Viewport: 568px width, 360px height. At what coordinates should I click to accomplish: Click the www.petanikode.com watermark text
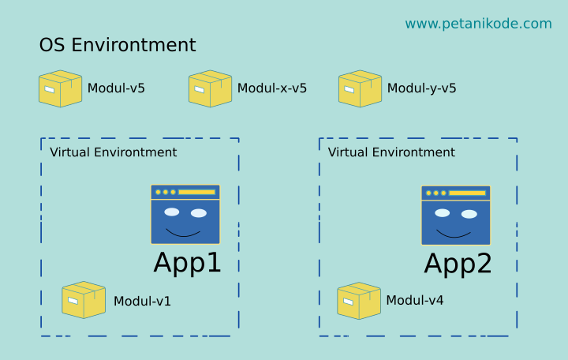coord(478,24)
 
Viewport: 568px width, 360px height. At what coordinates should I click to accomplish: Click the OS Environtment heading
coord(118,46)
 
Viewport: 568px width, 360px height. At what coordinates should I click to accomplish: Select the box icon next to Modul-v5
coord(60,88)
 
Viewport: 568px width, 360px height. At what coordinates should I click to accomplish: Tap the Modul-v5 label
coord(116,88)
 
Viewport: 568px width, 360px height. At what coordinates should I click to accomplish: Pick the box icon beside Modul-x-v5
coord(210,88)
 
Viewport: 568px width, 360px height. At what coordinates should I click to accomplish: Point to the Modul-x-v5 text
coord(271,88)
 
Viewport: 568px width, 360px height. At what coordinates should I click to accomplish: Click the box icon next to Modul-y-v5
coord(360,88)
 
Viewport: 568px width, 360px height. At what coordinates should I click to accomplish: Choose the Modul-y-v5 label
coord(421,88)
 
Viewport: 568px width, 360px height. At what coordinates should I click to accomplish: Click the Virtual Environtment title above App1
coord(114,152)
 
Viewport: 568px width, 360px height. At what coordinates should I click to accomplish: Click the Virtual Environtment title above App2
coord(391,152)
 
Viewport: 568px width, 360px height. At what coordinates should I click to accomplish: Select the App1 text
coord(187,263)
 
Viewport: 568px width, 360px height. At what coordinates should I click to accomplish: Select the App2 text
coord(458,264)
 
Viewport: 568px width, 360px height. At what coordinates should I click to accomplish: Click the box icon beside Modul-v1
coord(84,300)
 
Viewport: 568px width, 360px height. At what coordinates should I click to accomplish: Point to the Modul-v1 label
coord(142,301)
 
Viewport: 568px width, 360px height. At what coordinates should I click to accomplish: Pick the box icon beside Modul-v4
coord(359,301)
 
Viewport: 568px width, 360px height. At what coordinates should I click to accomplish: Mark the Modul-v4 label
coord(414,301)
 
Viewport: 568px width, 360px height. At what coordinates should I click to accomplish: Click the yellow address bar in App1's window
coord(196,192)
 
